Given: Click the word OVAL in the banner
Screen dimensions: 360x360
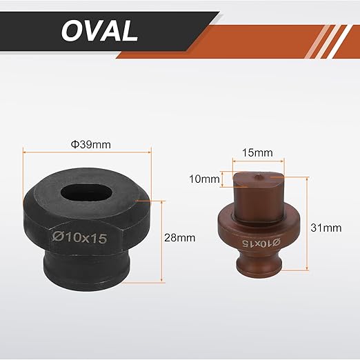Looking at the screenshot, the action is [99, 30].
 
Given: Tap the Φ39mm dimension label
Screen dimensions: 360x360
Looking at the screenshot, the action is [90, 145].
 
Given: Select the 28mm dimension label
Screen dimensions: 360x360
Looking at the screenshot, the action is [179, 238].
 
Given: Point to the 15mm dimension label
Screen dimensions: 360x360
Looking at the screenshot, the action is [257, 152].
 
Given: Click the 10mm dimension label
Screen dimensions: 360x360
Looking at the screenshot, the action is [204, 179].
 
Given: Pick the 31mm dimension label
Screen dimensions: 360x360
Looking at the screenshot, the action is [326, 228].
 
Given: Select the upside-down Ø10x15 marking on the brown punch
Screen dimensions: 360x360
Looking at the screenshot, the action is [261, 243].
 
